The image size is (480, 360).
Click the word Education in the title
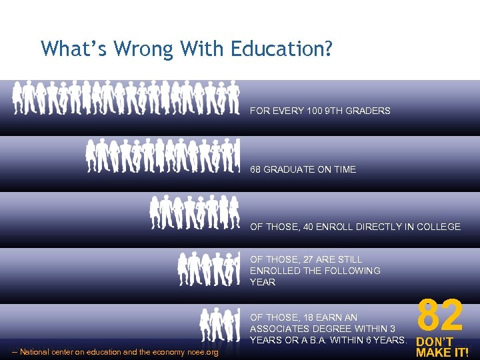click(287, 49)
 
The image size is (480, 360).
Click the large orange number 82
click(440, 315)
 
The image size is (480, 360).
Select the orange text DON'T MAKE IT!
click(441, 347)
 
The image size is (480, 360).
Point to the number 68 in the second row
click(255, 169)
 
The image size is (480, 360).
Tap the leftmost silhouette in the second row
click(92, 156)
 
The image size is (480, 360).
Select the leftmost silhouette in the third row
click(156, 212)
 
